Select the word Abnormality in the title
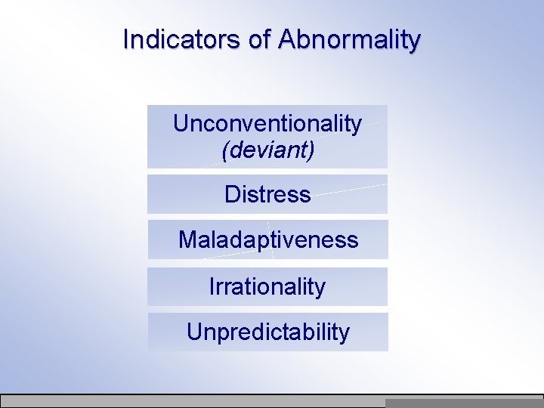[x=349, y=39]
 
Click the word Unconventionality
[x=267, y=123]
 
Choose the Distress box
[x=267, y=194]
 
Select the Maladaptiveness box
[x=267, y=240]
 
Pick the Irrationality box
[x=267, y=286]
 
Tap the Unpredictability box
[x=267, y=332]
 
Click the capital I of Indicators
[x=126, y=39]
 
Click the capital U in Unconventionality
[x=180, y=123]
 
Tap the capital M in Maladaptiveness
[x=187, y=240]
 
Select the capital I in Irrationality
[x=212, y=286]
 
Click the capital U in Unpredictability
[x=193, y=332]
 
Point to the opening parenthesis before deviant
[x=225, y=150]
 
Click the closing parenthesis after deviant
[x=311, y=150]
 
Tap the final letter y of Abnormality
[x=415, y=42]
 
